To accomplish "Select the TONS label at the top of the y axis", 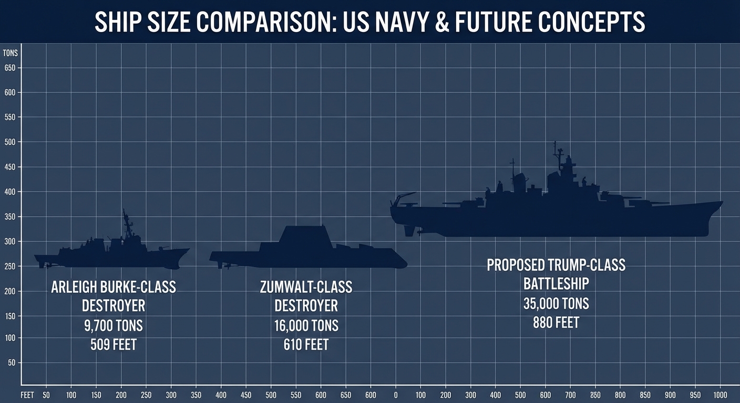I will click(x=10, y=53).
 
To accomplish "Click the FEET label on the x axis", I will click(x=28, y=395).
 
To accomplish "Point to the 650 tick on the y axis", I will click(x=10, y=68).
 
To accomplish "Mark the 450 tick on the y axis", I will click(x=10, y=167).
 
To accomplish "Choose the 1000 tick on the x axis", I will click(x=720, y=395).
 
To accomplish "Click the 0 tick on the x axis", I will click(x=395, y=395).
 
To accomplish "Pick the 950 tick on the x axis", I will click(x=695, y=395).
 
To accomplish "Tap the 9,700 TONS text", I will click(x=113, y=325).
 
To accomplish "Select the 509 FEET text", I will click(x=113, y=345).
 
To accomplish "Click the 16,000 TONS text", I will click(x=306, y=325).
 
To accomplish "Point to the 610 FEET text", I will click(x=306, y=345).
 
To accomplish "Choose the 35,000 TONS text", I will click(x=556, y=303).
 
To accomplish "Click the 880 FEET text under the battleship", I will click(x=556, y=322).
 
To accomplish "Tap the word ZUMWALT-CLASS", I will click(x=306, y=287).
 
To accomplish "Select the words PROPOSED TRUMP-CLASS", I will click(x=556, y=264).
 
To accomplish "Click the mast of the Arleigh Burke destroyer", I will click(x=126, y=223).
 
